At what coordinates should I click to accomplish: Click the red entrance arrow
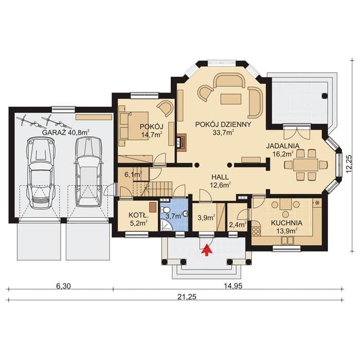click(207, 250)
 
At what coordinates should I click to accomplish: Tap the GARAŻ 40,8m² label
click(66, 133)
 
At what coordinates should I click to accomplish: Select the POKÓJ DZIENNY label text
click(223, 124)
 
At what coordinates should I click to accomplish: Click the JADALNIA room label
click(283, 146)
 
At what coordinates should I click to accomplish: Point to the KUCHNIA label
click(287, 223)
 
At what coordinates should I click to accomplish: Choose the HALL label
click(220, 177)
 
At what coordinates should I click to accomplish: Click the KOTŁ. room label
click(139, 215)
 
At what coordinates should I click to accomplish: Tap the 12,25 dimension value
click(349, 164)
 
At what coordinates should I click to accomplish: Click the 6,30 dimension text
click(63, 286)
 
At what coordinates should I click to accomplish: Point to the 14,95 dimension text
click(233, 286)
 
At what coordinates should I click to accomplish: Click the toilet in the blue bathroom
click(165, 210)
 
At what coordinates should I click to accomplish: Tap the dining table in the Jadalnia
click(305, 165)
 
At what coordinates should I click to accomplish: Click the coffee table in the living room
click(231, 99)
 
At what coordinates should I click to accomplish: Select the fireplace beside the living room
click(181, 142)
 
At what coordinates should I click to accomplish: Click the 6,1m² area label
click(133, 174)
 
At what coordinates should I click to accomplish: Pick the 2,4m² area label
click(238, 224)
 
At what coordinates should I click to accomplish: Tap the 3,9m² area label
click(206, 217)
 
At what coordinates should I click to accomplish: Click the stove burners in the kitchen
click(256, 231)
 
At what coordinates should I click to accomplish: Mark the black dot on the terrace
click(325, 96)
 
